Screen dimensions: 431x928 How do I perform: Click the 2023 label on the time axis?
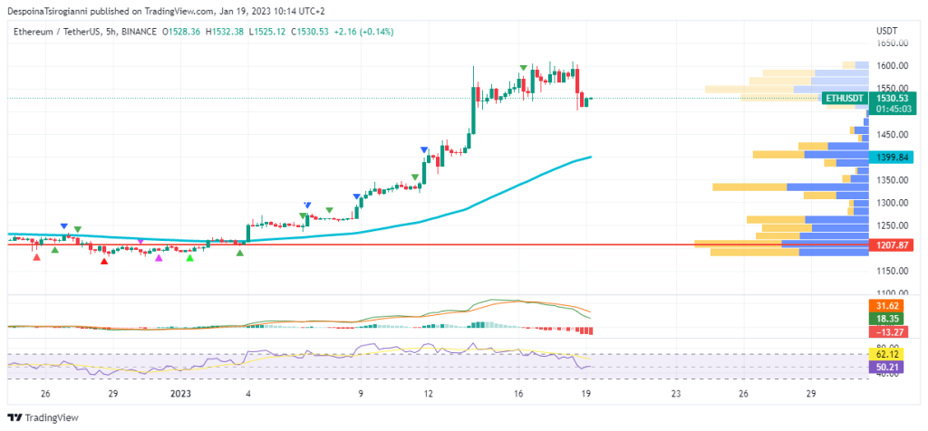click(180, 394)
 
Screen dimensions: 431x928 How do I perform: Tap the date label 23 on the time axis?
click(676, 394)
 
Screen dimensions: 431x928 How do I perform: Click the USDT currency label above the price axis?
click(886, 31)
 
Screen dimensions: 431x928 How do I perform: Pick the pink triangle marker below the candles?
click(159, 259)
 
